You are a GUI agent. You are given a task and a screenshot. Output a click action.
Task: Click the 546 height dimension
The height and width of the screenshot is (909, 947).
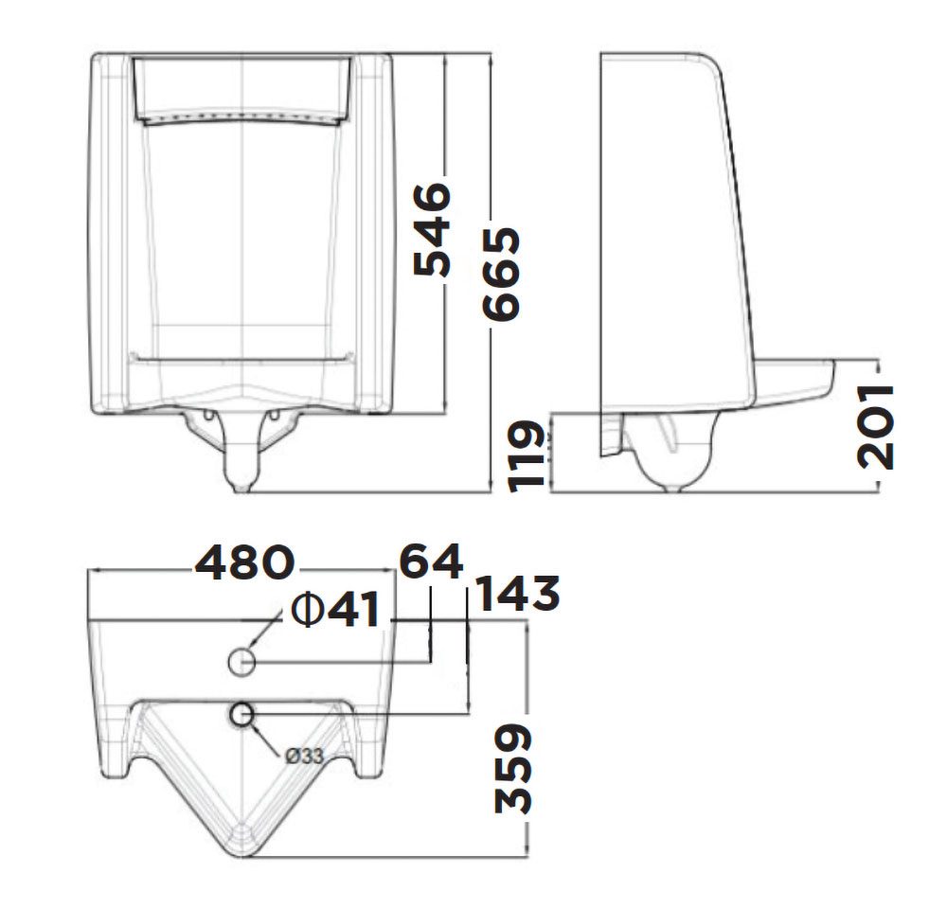tap(435, 230)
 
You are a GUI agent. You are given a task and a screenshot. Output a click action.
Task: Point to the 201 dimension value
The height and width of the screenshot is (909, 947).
tap(876, 426)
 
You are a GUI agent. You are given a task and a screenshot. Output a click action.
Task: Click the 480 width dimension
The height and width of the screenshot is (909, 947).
tap(243, 564)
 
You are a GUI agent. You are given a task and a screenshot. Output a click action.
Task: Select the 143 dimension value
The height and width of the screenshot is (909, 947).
tap(516, 595)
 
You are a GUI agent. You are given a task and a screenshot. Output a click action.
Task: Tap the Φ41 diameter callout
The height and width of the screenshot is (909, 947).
tap(335, 611)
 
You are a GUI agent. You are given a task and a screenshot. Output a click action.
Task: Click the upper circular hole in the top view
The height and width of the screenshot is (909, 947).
tap(243, 662)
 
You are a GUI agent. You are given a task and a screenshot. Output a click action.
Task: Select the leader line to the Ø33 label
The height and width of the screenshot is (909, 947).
tap(270, 739)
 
